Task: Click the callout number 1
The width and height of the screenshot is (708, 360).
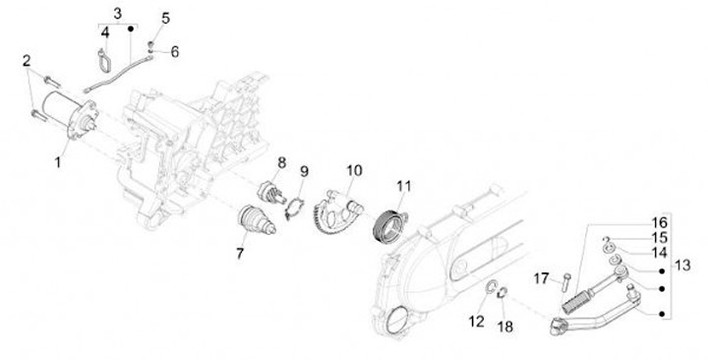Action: (x=58, y=162)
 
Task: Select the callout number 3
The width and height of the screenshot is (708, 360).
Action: (x=117, y=14)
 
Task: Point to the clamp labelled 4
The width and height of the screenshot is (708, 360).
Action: (x=103, y=60)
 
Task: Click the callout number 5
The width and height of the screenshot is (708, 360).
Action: (x=166, y=19)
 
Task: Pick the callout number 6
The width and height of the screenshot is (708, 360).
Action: (x=174, y=52)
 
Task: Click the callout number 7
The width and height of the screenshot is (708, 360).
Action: (x=240, y=253)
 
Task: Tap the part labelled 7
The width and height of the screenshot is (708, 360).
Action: (x=256, y=221)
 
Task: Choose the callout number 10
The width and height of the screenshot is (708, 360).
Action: (x=354, y=171)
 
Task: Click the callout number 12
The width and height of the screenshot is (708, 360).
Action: (x=476, y=322)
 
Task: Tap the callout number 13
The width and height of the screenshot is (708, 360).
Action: (x=682, y=266)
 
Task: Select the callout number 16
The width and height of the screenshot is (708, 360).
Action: (x=659, y=222)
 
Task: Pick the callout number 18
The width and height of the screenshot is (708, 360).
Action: (x=505, y=327)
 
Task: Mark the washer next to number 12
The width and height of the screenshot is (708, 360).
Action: (x=490, y=288)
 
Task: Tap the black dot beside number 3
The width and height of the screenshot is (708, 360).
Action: (x=131, y=29)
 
